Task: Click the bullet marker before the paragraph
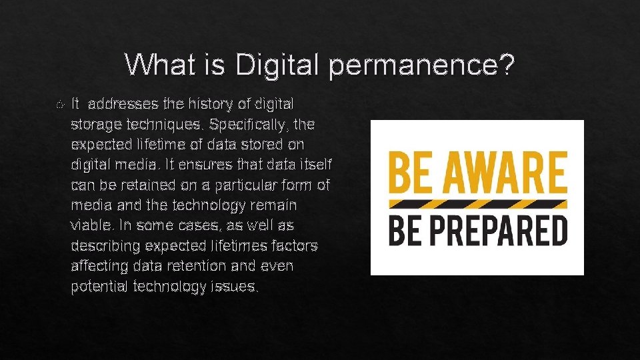click(x=61, y=105)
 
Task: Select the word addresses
click(x=123, y=104)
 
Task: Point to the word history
click(x=206, y=104)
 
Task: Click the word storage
click(x=93, y=125)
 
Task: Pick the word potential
click(x=99, y=287)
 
